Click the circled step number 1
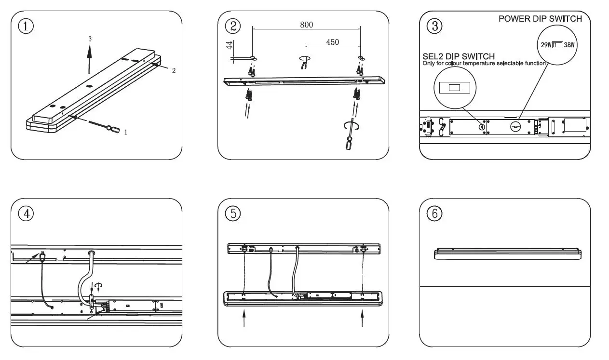click(26, 26)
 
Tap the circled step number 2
click(233, 26)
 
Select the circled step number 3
click(434, 26)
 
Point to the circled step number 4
click(26, 213)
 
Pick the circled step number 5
click(233, 213)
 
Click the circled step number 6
click(434, 213)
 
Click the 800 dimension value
click(307, 25)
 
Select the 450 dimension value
click(332, 42)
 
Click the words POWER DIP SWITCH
click(540, 19)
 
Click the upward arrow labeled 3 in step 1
click(90, 58)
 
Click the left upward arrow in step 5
click(245, 319)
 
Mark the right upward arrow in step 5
click(362, 319)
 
